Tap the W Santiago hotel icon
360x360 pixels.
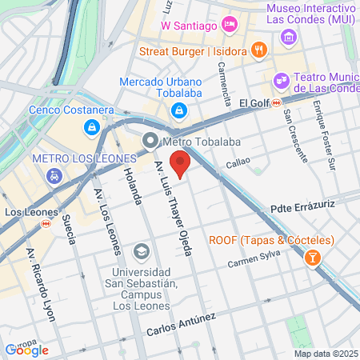pyautogui.click(x=230, y=25)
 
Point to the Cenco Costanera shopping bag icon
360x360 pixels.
pyautogui.click(x=93, y=127)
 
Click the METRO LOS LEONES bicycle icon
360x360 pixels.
pyautogui.click(x=54, y=175)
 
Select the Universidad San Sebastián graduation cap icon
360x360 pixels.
pyautogui.click(x=141, y=252)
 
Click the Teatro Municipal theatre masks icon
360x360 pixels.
pyautogui.click(x=280, y=79)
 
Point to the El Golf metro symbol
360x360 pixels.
pyautogui.click(x=276, y=102)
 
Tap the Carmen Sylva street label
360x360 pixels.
pyautogui.click(x=253, y=262)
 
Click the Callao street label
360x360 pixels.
pyautogui.click(x=238, y=162)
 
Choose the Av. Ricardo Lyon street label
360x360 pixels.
pyautogui.click(x=42, y=284)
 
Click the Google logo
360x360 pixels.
pyautogui.click(x=27, y=350)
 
